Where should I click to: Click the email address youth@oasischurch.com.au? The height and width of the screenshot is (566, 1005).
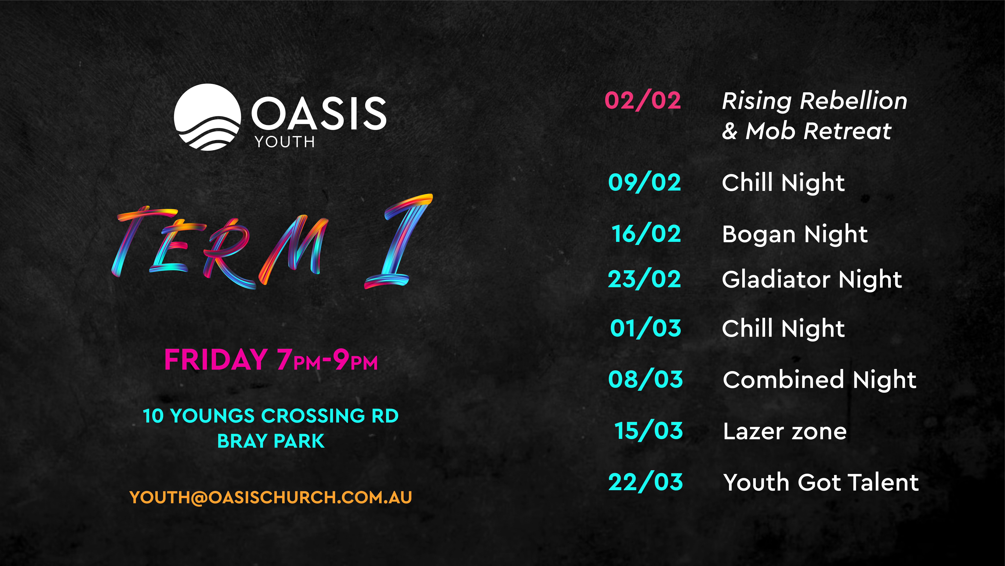pyautogui.click(x=270, y=497)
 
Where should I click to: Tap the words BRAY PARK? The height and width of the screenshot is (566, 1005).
pyautogui.click(x=271, y=441)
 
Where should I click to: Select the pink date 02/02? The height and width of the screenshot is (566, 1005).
pyautogui.click(x=643, y=100)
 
